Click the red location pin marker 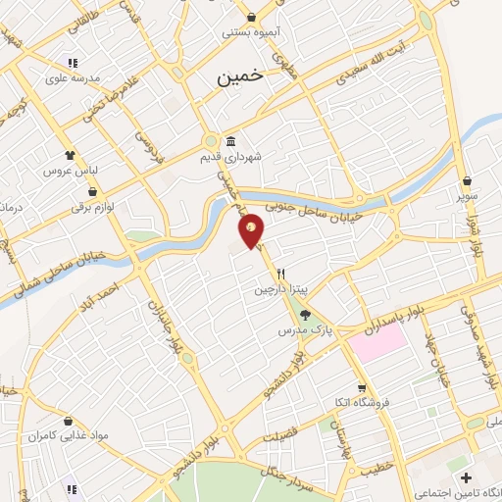click(x=252, y=230)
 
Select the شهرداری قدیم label click(x=227, y=156)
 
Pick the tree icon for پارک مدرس click(x=305, y=316)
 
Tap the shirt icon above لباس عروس click(x=70, y=155)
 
